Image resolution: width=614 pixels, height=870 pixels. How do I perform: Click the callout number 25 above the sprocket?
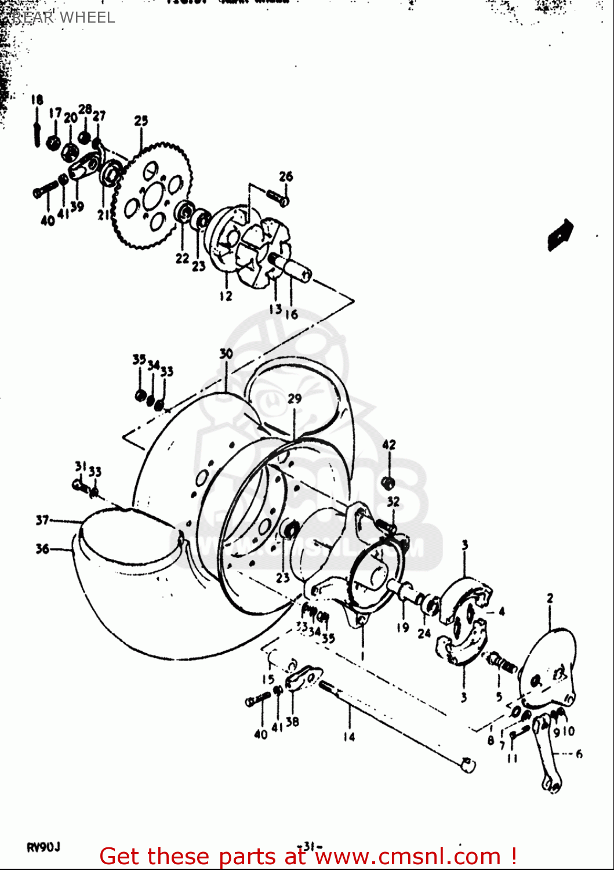pos(141,121)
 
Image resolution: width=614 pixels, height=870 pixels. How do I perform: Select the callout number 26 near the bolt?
pos(286,176)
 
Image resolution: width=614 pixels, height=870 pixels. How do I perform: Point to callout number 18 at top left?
pos(37,100)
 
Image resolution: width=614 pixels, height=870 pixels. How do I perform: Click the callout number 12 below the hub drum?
pos(226,296)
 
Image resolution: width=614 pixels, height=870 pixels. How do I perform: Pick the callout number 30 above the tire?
pos(226,353)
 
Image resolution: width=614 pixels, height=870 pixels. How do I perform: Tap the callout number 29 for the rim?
pos(295,398)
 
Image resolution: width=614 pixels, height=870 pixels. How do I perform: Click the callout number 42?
pos(388,445)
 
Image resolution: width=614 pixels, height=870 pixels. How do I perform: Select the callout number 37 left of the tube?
pos(42,520)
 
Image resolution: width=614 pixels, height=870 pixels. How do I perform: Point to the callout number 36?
pos(42,549)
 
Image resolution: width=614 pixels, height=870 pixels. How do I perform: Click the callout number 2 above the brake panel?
pos(550,598)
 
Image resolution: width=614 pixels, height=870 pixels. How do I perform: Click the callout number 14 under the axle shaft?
pos(348,737)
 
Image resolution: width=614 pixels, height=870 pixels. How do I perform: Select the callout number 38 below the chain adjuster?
pos(293,722)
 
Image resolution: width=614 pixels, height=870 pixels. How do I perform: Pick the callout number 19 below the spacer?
pos(403,627)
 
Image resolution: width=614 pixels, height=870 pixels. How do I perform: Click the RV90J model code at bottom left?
pos(43,847)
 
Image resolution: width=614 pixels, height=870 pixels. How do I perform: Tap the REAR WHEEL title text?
pos(64,17)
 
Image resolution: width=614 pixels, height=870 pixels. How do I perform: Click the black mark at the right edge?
pos(560,234)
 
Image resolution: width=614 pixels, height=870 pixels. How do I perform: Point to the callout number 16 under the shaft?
pos(292,314)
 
